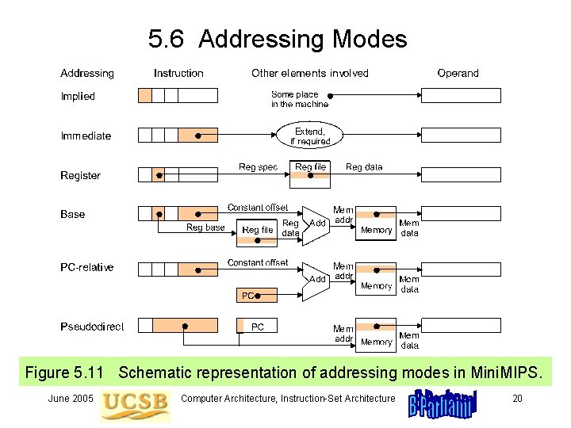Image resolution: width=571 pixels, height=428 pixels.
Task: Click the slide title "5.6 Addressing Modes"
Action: (277, 39)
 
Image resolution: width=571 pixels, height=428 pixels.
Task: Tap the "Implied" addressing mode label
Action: (78, 97)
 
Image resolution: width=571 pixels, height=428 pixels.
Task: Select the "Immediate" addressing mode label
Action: (86, 136)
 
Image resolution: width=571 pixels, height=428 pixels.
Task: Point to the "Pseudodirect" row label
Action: (92, 326)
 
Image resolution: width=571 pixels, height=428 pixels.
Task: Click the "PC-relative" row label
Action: (86, 268)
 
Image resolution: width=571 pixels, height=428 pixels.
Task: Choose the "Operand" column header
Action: (458, 73)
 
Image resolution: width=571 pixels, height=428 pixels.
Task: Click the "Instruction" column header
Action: (178, 73)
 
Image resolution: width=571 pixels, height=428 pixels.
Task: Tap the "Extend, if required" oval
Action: (310, 136)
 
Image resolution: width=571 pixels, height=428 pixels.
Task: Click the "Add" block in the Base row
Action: (317, 224)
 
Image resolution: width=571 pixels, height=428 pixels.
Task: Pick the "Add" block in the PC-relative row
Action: (317, 279)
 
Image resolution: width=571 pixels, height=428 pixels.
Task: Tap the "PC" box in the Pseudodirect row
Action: (258, 327)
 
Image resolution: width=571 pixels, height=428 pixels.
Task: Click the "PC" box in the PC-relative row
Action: (248, 296)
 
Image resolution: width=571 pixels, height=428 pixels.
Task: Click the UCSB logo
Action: (135, 402)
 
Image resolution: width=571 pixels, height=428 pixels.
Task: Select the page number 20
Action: (517, 398)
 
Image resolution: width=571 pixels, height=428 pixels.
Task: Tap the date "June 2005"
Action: (71, 398)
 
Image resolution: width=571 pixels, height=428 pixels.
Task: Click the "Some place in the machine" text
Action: (299, 99)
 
